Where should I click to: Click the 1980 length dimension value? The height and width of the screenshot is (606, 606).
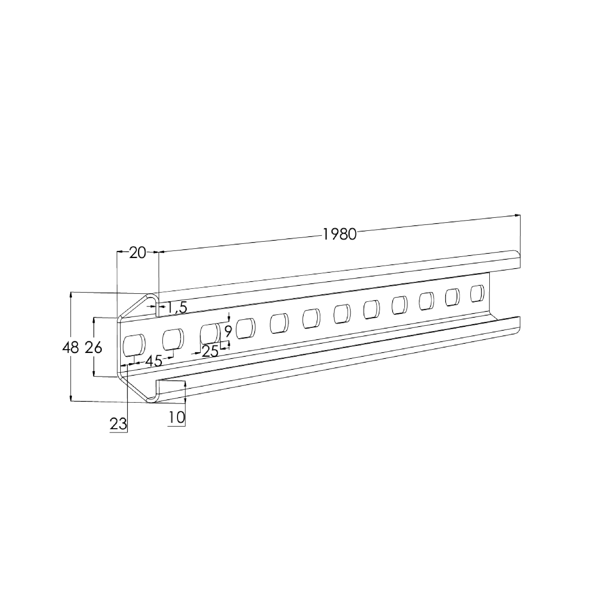(340, 234)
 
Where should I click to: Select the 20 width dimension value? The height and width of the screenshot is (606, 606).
(138, 253)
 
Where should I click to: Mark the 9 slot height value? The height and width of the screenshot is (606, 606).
(228, 331)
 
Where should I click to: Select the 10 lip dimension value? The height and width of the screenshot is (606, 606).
(177, 418)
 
